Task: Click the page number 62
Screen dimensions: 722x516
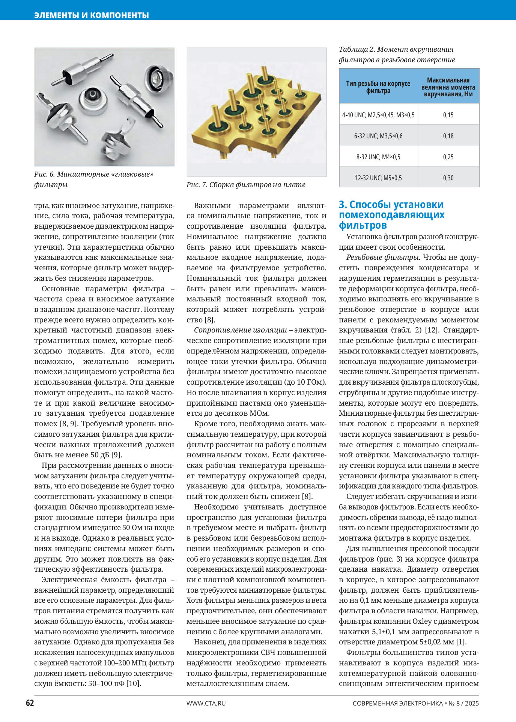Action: [30, 703]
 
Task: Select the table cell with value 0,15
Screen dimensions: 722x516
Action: [448, 115]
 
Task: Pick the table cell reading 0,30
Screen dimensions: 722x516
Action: [448, 178]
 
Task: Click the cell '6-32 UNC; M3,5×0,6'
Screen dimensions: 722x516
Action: [378, 136]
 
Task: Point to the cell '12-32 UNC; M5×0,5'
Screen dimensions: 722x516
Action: [378, 178]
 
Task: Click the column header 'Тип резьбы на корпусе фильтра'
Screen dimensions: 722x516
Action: [378, 87]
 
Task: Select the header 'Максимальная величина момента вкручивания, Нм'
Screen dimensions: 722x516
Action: [448, 87]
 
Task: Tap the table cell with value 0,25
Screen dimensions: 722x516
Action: [448, 157]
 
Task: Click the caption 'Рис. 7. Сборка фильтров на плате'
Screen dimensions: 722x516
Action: [246, 185]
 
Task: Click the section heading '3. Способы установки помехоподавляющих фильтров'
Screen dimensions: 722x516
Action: [391, 215]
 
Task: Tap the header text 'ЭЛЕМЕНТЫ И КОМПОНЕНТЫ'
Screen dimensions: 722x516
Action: [92, 15]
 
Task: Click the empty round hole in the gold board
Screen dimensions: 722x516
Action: [298, 107]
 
